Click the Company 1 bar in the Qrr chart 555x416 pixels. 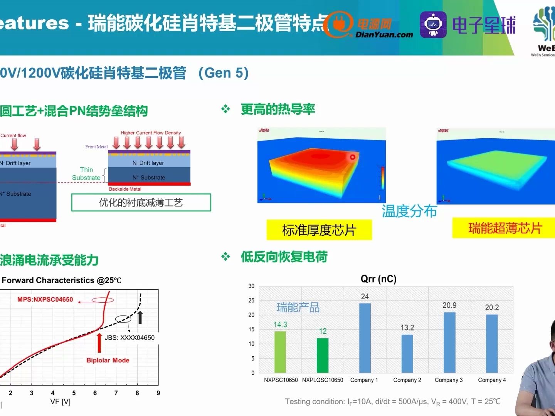[365, 338]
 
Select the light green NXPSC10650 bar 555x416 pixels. [280, 352]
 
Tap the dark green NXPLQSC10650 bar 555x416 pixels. [323, 355]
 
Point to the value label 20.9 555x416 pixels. [449, 305]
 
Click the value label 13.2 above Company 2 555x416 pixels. [407, 328]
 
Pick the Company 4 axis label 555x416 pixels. [492, 380]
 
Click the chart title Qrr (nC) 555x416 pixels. [378, 279]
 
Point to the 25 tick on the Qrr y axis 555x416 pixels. [251, 300]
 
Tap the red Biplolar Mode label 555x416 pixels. [108, 361]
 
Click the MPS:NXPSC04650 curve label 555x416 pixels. [45, 300]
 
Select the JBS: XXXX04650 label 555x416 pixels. [129, 338]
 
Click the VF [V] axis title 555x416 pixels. [61, 402]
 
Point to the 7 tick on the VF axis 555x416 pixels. [116, 393]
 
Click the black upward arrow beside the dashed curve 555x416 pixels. [140, 317]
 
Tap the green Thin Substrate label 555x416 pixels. [86, 174]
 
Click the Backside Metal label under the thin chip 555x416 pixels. [125, 189]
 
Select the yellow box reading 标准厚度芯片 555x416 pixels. [319, 230]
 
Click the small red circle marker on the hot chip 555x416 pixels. [352, 157]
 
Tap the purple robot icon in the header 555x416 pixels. [433, 25]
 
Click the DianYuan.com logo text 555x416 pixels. [384, 35]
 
